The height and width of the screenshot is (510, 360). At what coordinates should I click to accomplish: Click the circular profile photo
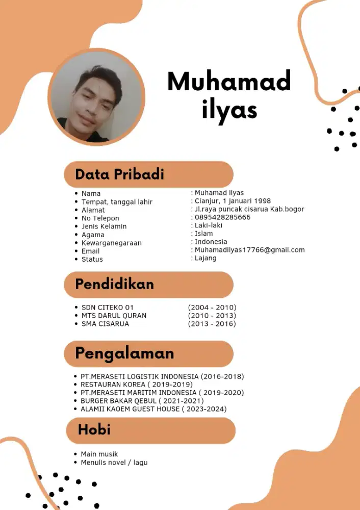click(x=96, y=97)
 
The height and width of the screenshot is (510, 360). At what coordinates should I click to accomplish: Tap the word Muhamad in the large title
click(x=229, y=82)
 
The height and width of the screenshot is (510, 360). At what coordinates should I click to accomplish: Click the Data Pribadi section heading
click(x=119, y=174)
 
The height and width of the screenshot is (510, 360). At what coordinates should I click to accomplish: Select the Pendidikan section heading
click(x=114, y=284)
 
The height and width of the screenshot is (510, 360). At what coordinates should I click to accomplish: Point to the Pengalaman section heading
click(x=124, y=353)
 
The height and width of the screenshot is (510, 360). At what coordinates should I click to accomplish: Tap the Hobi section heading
click(x=94, y=430)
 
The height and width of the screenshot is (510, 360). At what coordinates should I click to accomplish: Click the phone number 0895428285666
click(x=222, y=217)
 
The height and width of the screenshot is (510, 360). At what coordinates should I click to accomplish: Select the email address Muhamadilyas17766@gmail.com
click(x=249, y=250)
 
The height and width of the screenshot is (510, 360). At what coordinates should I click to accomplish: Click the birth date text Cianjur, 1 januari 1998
click(x=233, y=201)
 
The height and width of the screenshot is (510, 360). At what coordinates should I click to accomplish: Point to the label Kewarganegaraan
click(x=111, y=243)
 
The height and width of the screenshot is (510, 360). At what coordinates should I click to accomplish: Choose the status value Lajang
click(x=205, y=258)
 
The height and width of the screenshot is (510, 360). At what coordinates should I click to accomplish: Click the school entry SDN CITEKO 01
click(x=107, y=308)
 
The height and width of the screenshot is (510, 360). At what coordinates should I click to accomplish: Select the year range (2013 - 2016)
click(x=212, y=324)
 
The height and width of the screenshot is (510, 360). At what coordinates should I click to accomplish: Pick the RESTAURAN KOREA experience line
click(x=136, y=385)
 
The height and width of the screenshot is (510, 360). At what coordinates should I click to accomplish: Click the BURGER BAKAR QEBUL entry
click(x=142, y=401)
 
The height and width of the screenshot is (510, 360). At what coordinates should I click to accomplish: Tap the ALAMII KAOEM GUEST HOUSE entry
click(x=153, y=409)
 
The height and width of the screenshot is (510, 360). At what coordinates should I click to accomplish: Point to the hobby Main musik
click(x=99, y=454)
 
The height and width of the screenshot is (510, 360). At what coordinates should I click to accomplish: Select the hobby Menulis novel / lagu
click(x=114, y=463)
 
